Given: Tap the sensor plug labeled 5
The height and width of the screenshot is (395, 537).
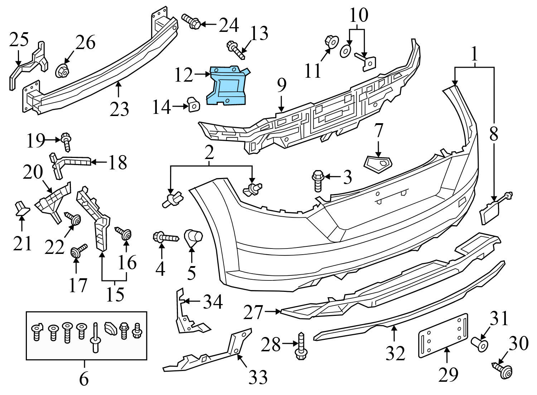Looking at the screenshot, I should tap(193, 237).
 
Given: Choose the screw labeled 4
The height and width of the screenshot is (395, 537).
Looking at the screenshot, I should tap(165, 237).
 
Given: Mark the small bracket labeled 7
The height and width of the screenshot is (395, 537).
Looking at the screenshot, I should tap(378, 163).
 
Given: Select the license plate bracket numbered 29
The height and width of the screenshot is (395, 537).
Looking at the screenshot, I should tap(443, 335).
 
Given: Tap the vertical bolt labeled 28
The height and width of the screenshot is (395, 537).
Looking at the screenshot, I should tap(300, 345).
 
